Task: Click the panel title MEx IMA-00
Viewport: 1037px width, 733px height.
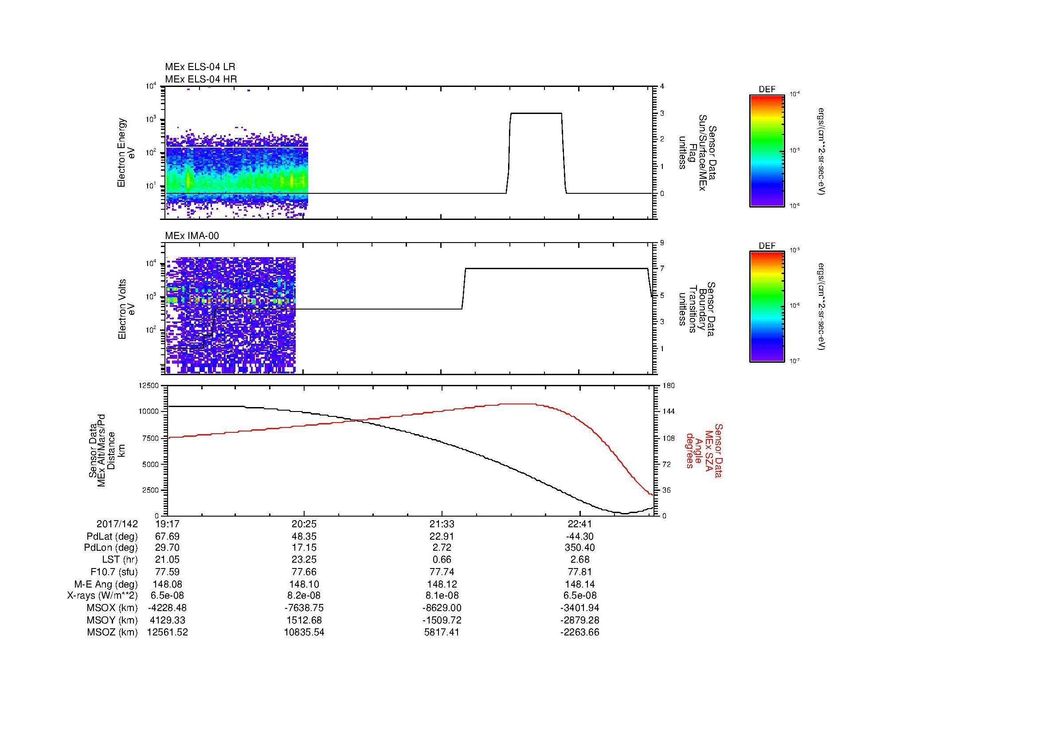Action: coord(192,236)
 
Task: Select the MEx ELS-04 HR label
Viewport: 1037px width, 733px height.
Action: coord(200,79)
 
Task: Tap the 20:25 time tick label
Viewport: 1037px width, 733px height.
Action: coord(304,524)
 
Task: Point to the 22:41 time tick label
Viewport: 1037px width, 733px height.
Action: coord(579,524)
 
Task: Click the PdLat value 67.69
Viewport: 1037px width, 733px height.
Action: coord(167,537)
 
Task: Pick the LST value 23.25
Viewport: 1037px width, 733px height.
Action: coord(304,560)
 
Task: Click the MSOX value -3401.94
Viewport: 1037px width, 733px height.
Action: coord(579,608)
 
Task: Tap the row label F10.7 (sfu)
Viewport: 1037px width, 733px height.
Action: coord(114,572)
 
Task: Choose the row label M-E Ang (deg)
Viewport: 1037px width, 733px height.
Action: coord(111,584)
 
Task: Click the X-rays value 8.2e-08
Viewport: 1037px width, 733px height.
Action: coord(304,596)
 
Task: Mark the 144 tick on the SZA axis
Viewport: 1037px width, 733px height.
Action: coord(668,412)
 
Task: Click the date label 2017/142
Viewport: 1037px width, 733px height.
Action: coord(117,524)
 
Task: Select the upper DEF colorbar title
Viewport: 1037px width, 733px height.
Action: coord(767,90)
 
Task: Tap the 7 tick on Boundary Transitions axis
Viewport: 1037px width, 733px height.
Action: coord(662,269)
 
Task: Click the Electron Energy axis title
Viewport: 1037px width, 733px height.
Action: coord(121,153)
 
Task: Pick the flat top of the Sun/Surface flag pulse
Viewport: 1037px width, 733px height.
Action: coord(536,114)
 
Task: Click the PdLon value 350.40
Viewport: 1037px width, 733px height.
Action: coord(579,548)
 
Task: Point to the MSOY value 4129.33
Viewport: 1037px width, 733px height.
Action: coord(167,620)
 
